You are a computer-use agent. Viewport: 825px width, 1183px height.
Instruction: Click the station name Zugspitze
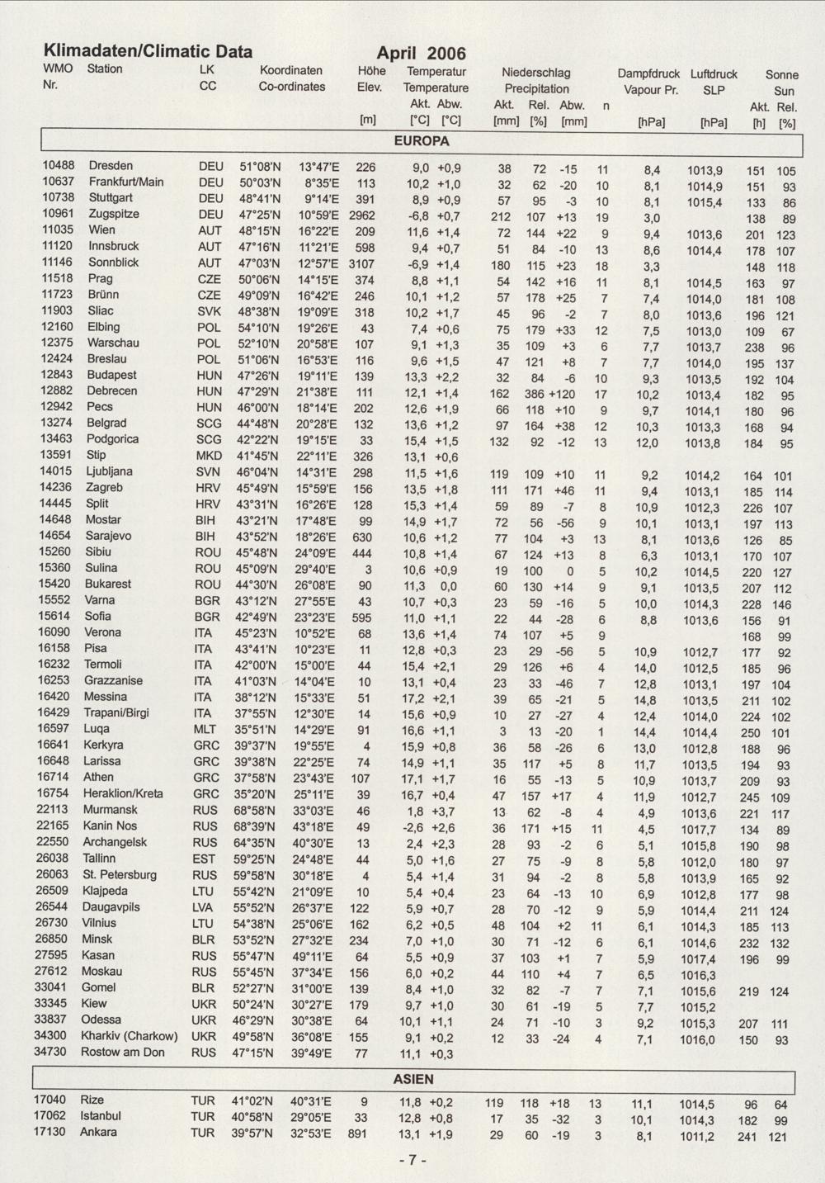[114, 214]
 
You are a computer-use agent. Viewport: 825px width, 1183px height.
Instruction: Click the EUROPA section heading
[421, 141]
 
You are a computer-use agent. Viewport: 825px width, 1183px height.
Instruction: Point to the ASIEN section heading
[413, 1079]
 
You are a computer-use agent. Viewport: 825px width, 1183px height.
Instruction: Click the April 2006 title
[421, 54]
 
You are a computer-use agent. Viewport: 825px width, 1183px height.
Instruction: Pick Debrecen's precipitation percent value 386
[535, 394]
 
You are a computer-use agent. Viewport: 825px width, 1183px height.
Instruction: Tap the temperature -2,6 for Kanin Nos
[415, 827]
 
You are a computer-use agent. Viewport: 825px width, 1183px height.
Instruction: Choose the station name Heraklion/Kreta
[124, 793]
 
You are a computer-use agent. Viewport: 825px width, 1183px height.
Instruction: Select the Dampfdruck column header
[648, 74]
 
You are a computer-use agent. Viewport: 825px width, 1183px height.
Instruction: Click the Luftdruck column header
[714, 74]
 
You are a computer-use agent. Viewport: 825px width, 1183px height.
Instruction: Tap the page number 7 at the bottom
[412, 1160]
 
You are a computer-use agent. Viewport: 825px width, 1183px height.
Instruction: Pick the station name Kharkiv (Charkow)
[129, 1036]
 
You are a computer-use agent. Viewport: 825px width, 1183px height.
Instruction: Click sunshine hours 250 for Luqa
[751, 733]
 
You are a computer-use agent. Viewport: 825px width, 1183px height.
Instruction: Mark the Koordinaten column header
[291, 70]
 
